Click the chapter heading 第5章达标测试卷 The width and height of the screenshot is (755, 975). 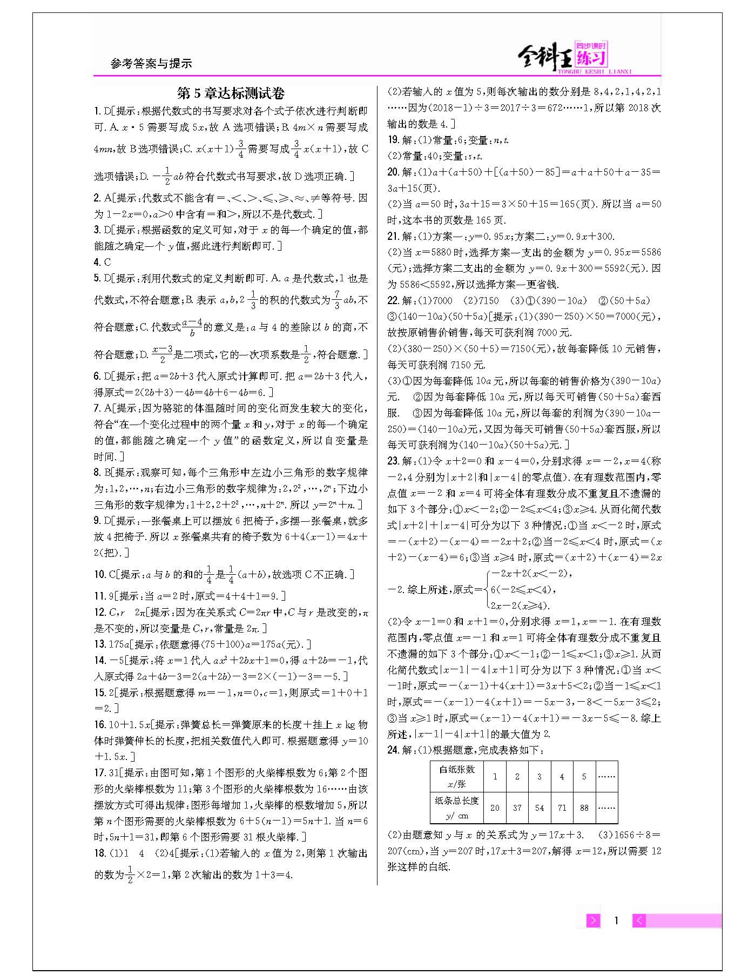click(231, 93)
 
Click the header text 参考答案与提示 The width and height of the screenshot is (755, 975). click(151, 64)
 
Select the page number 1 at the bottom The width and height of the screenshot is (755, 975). click(616, 920)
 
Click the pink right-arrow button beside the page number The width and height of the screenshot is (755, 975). click(593, 920)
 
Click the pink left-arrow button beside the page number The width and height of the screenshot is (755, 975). click(639, 920)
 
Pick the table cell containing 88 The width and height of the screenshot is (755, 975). click(584, 808)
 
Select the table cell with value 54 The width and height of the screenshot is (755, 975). click(539, 808)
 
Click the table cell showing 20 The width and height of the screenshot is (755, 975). click(495, 808)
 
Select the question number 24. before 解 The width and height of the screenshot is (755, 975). click(393, 750)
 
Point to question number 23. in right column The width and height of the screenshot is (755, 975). click(393, 461)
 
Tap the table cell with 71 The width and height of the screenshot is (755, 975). click(562, 808)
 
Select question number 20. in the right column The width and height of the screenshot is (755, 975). click(393, 172)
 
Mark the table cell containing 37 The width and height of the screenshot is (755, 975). click(517, 808)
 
